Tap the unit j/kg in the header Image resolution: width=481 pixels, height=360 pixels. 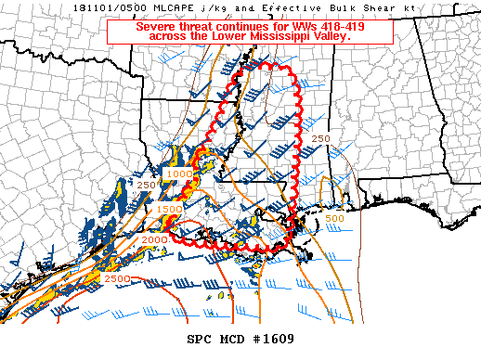click(215, 6)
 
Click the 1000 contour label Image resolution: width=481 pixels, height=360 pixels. click(178, 174)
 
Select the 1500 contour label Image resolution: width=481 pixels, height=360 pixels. click(169, 210)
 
